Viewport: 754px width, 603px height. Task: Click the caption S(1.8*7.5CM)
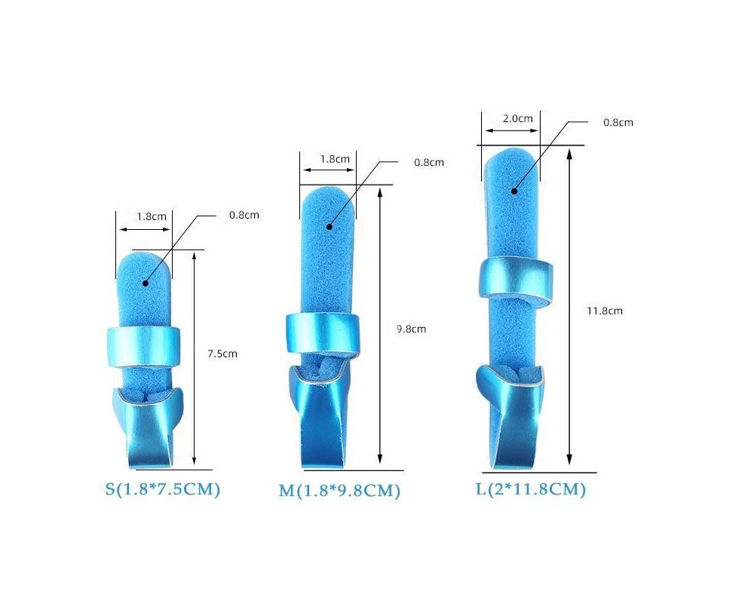click(163, 489)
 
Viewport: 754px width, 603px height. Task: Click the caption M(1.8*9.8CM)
click(339, 491)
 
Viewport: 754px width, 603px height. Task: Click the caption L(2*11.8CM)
click(531, 489)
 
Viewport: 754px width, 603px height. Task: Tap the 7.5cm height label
click(222, 354)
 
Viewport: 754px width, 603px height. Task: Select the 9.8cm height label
click(411, 329)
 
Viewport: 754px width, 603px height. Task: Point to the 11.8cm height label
click(605, 311)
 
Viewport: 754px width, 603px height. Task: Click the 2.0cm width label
click(518, 118)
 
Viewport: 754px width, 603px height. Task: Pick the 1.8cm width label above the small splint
click(152, 216)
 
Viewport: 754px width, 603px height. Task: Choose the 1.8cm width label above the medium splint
click(336, 159)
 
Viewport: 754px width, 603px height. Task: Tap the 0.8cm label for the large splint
click(618, 123)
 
